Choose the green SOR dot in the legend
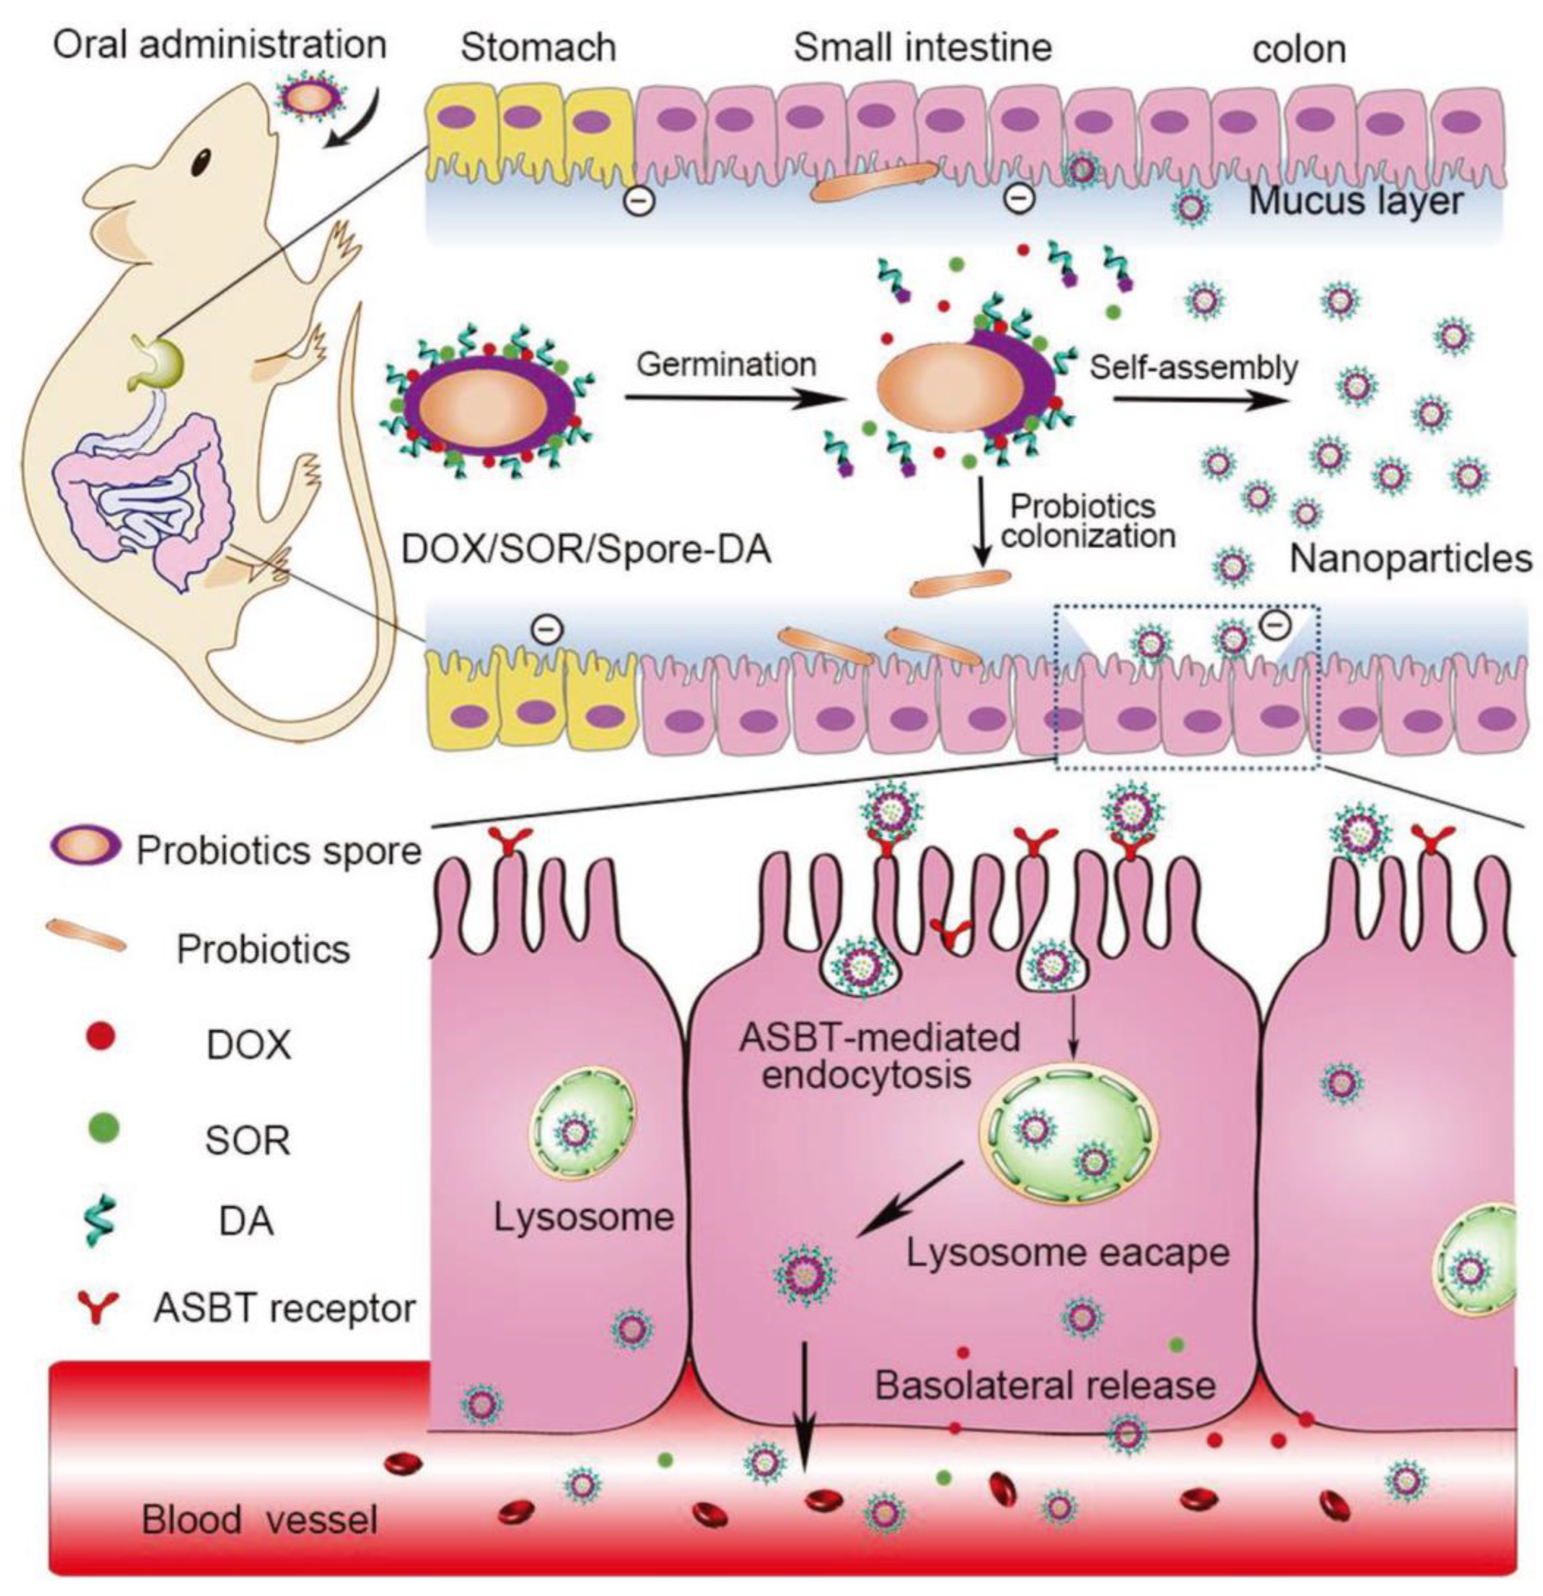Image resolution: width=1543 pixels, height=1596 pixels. pos(101,1128)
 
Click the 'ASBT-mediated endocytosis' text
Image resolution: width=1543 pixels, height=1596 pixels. pos(879,1056)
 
